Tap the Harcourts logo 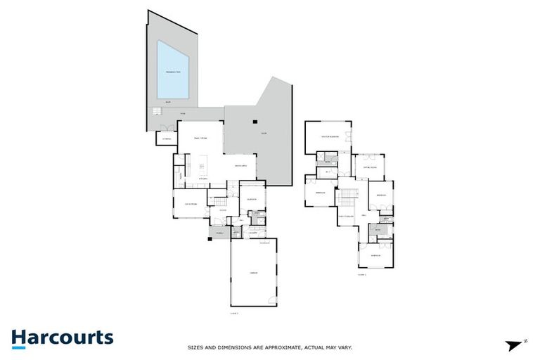[62, 337]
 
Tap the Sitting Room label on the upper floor [370, 167]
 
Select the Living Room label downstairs [189, 204]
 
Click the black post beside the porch [210, 239]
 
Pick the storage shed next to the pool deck [167, 136]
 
